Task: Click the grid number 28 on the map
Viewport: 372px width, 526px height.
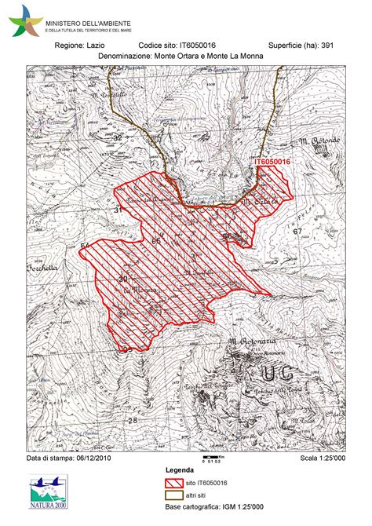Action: click(x=132, y=421)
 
